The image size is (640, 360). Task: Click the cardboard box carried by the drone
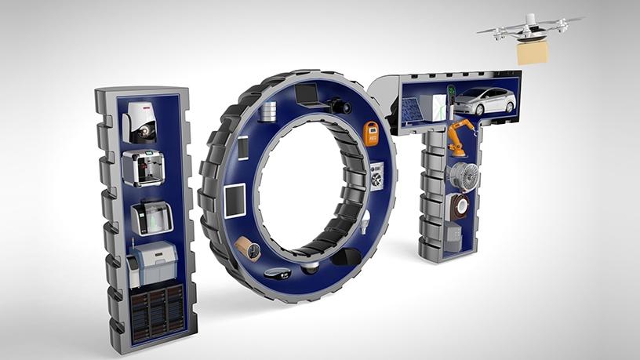coord(532,53)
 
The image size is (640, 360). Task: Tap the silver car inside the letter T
coord(485,100)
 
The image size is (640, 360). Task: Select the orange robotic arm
coord(460,137)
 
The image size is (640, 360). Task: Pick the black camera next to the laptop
coord(339,106)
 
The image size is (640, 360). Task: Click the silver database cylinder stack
coord(268,111)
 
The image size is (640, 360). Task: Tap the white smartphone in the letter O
coord(243,147)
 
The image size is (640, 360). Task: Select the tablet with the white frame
coord(235,201)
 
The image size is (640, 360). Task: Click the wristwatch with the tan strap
coord(249,247)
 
